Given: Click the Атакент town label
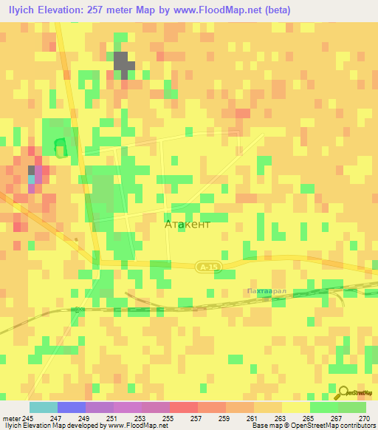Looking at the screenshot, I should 187,223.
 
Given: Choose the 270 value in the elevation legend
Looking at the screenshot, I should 364,417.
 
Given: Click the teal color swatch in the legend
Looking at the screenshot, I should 43,407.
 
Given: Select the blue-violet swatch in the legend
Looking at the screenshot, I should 71,407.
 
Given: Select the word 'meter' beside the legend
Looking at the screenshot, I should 13,417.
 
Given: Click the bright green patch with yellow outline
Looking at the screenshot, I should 60,148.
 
